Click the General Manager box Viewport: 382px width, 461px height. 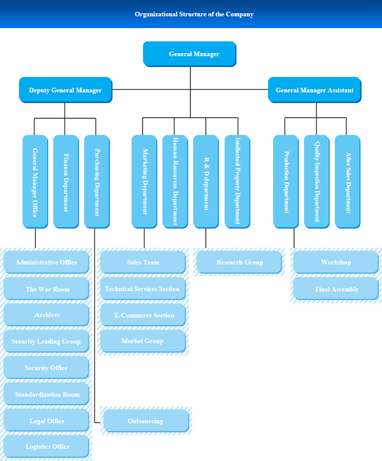pos(189,54)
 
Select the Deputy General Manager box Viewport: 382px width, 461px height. pos(65,90)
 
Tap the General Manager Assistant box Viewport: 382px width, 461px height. pos(315,90)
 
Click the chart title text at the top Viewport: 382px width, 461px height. pos(194,14)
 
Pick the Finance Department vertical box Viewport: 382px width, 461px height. pos(66,182)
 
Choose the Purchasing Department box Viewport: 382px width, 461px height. pos(97,182)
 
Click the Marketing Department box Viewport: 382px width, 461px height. pos(145,182)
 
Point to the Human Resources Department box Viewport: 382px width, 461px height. pos(175,182)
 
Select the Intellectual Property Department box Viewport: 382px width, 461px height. pos(237,182)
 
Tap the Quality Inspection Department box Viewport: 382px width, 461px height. pos(317,182)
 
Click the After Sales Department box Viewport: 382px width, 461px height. pos(348,182)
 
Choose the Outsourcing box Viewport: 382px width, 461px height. pos(146,421)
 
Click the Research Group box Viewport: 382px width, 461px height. pos(239,262)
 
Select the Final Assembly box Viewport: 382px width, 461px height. pos(336,289)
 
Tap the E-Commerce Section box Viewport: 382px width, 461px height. pos(143,315)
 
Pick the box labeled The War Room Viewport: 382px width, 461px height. pos(46,289)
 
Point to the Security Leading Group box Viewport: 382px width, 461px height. pos(46,342)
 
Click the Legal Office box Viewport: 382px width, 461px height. pos(46,421)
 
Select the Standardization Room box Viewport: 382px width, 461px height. pos(46,394)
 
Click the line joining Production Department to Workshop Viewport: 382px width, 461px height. pos(294,238)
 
